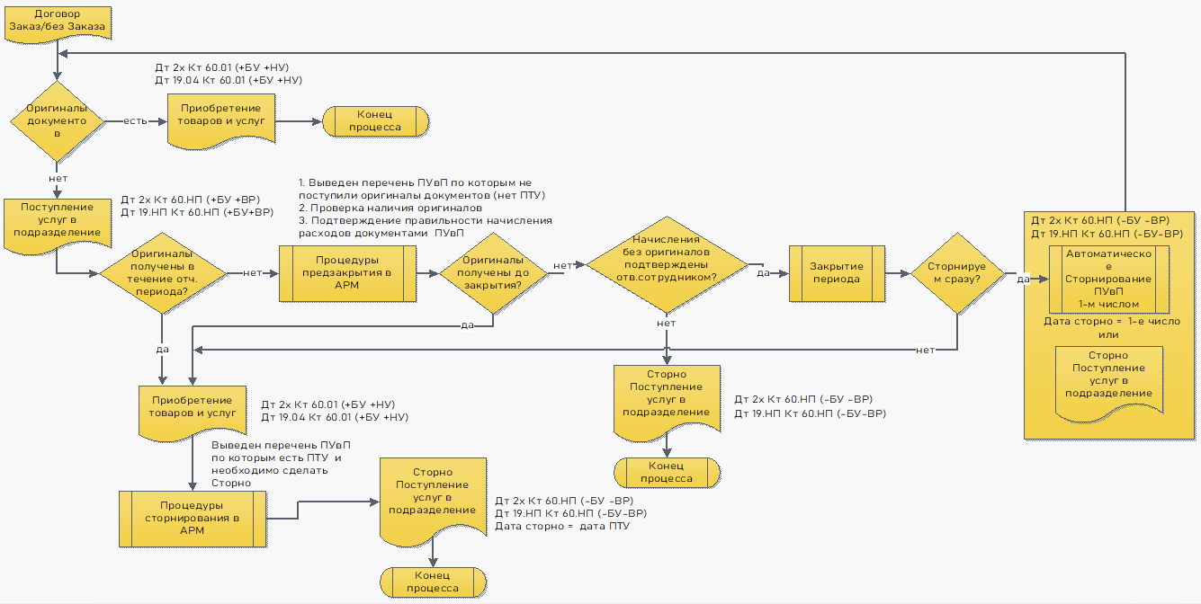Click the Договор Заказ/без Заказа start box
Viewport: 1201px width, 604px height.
[57, 22]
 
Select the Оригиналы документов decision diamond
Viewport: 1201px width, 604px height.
[57, 120]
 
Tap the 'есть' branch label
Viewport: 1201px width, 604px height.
[136, 120]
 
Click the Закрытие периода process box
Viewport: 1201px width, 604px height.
[836, 272]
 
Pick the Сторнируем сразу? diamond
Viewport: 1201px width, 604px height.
[955, 273]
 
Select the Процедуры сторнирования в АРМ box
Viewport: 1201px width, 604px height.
[193, 518]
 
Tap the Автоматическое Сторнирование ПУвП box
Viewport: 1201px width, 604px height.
[1108, 278]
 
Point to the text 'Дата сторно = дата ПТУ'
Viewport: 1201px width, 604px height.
[562, 526]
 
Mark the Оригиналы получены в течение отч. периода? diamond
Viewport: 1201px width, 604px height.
[163, 273]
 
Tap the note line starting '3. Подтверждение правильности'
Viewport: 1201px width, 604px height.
[425, 220]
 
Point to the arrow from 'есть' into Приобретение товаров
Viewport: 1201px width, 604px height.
[158, 120]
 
